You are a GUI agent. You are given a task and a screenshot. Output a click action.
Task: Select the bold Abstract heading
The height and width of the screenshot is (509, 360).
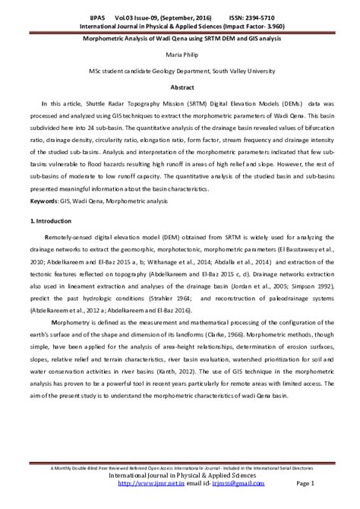tap(180, 87)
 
